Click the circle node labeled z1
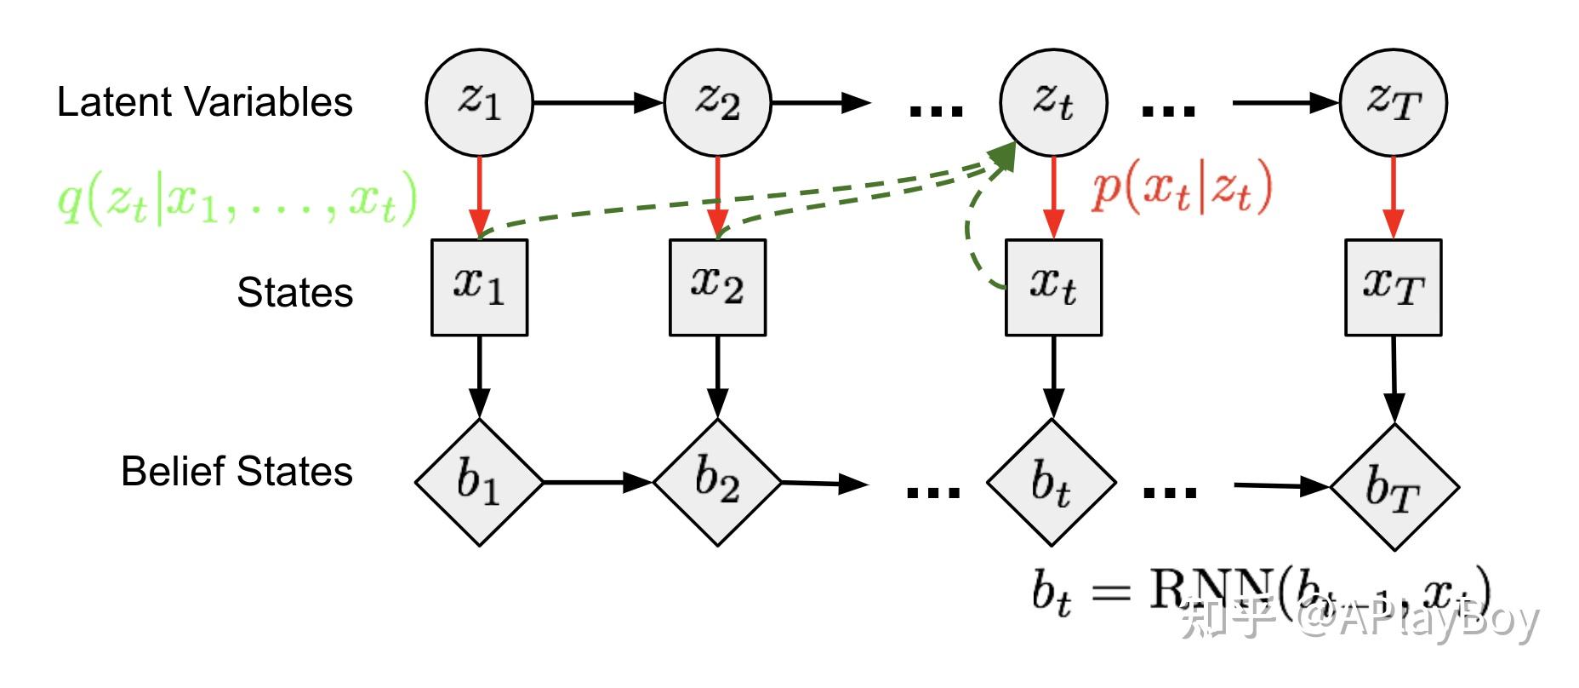coord(479,102)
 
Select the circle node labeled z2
coord(717,102)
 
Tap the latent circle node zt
coord(1053,102)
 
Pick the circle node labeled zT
coord(1393,102)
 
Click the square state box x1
coord(479,287)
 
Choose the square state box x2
coord(717,287)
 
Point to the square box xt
coord(1053,287)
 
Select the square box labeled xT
coord(1393,287)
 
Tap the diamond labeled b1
coord(479,482)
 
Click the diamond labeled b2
coord(717,482)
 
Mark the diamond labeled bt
coord(1052,482)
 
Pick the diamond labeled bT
coord(1394,486)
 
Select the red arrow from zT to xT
coord(1393,196)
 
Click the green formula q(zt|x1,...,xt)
coord(237,198)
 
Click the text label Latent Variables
coord(204,102)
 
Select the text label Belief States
coord(237,471)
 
